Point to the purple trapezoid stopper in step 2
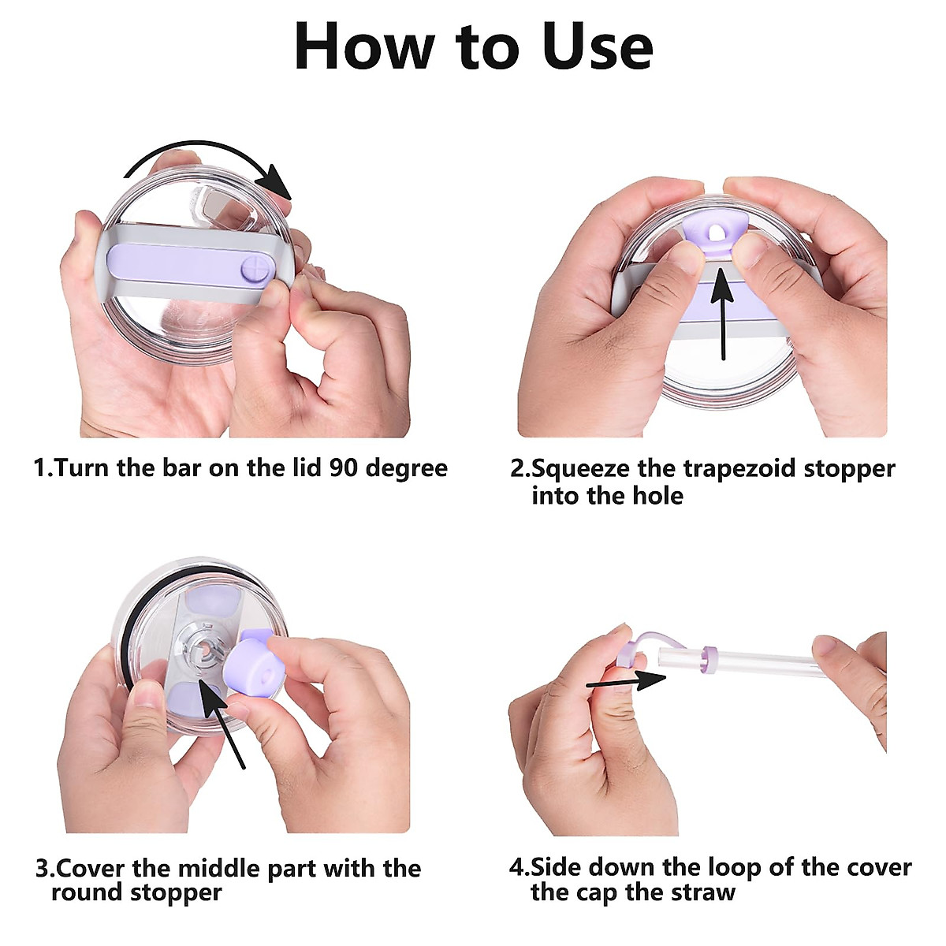[714, 231]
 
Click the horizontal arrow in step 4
[628, 680]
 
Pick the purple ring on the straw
[709, 657]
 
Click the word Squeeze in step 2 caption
[579, 468]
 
